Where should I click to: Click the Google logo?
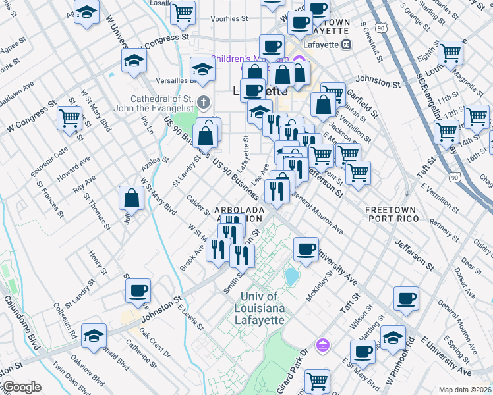click(x=21, y=387)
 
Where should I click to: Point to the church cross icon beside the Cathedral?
click(x=204, y=103)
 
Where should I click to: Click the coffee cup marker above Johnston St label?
click(x=138, y=290)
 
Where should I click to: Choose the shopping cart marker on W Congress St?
click(x=69, y=119)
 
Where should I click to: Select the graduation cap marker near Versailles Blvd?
click(x=202, y=68)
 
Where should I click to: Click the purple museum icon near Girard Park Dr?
click(x=322, y=345)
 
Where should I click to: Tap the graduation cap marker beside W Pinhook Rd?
click(x=393, y=337)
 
